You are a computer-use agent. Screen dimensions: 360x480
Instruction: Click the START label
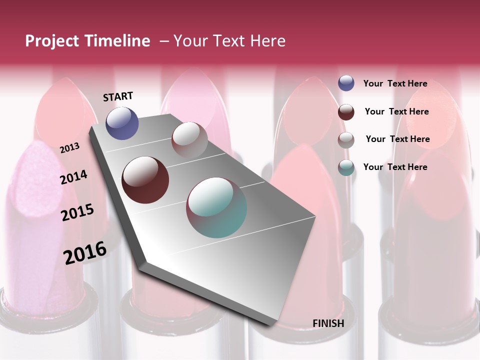click(x=118, y=96)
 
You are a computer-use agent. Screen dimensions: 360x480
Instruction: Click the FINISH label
click(x=328, y=323)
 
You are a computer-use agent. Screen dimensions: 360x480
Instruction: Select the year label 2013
click(x=69, y=148)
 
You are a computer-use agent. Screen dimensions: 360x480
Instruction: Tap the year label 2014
click(x=73, y=177)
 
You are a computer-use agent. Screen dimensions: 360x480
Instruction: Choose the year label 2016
click(x=85, y=253)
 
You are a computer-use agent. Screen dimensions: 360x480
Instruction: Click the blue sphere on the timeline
click(x=122, y=123)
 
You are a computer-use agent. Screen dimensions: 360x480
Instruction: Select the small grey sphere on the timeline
click(x=189, y=140)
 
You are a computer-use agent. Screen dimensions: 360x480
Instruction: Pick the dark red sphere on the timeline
click(x=145, y=179)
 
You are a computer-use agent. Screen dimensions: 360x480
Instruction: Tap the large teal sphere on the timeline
click(x=216, y=207)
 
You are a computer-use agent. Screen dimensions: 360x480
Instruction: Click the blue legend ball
click(x=346, y=83)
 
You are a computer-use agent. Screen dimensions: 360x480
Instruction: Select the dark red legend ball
click(x=346, y=112)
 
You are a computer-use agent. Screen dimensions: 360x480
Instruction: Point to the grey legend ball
click(x=346, y=140)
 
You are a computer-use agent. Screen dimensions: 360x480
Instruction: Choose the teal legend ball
click(x=346, y=167)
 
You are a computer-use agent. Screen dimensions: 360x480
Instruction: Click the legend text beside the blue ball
click(x=395, y=84)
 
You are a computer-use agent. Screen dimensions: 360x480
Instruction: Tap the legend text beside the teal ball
click(x=395, y=167)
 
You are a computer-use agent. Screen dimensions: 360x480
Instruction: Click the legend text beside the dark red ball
click(x=396, y=111)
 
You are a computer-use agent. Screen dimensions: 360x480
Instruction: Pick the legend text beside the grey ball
click(x=397, y=139)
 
